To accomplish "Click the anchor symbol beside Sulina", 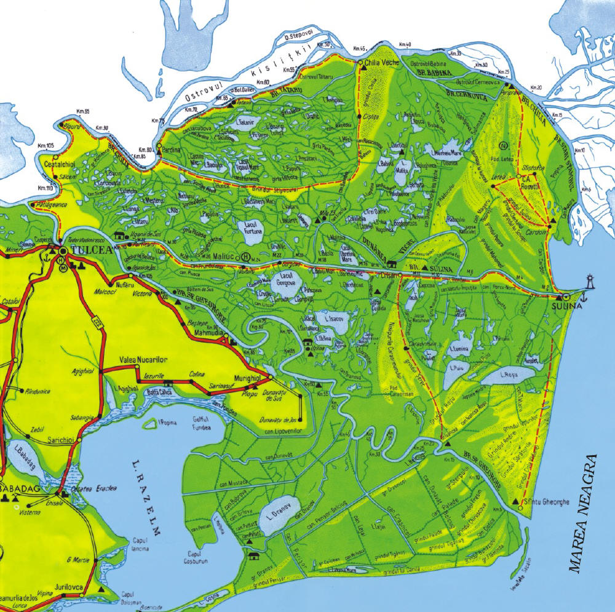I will point(585,298).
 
